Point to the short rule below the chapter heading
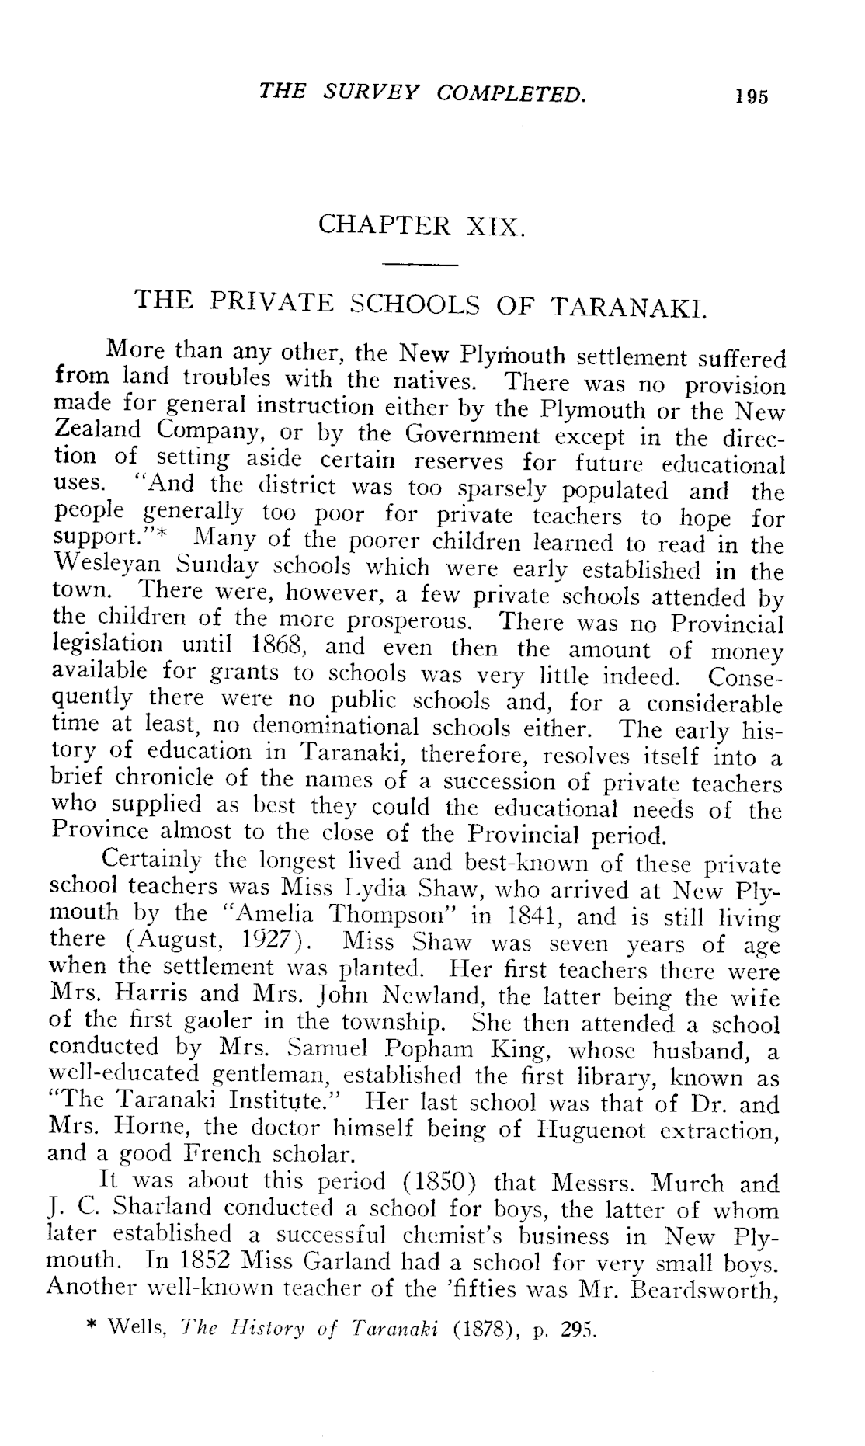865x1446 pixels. click(x=423, y=266)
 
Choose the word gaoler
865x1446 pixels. click(x=221, y=1024)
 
